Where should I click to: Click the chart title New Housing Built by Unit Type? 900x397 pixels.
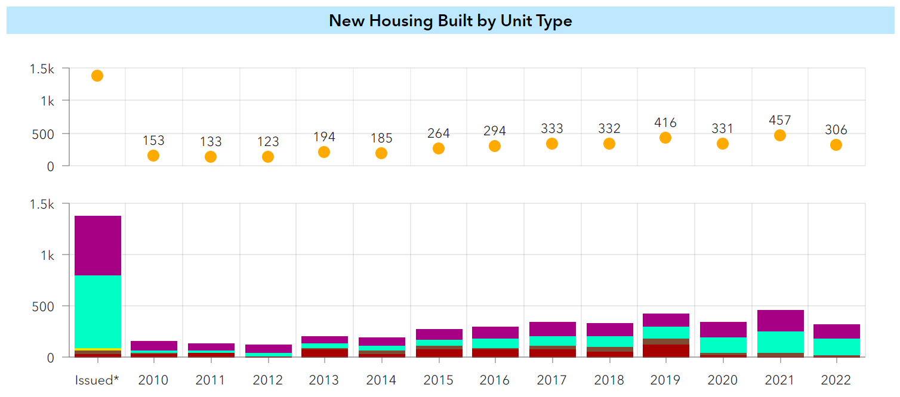pyautogui.click(x=450, y=21)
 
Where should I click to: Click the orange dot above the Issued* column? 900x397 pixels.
pyautogui.click(x=97, y=76)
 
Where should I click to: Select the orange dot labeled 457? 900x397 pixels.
pyautogui.click(x=779, y=135)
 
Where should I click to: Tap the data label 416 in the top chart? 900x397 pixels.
pyautogui.click(x=665, y=123)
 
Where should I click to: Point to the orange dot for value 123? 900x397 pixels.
pyautogui.click(x=268, y=157)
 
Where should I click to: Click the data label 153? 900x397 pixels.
pyautogui.click(x=153, y=141)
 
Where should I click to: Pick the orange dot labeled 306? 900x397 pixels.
pyautogui.click(x=836, y=145)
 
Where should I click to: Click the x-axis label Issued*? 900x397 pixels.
pyautogui.click(x=97, y=380)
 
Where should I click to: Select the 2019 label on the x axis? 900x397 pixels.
pyautogui.click(x=665, y=380)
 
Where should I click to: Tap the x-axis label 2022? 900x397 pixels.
pyautogui.click(x=836, y=380)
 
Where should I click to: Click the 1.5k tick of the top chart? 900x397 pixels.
pyautogui.click(x=42, y=69)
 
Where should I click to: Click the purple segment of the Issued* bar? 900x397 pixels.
pyautogui.click(x=97, y=245)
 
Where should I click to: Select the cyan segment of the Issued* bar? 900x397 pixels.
pyautogui.click(x=97, y=311)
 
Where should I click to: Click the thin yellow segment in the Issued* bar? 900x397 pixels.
pyautogui.click(x=97, y=349)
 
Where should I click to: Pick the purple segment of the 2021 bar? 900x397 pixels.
pyautogui.click(x=779, y=321)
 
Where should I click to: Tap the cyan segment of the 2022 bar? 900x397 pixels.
pyautogui.click(x=836, y=346)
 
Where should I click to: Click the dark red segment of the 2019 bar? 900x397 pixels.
pyautogui.click(x=665, y=351)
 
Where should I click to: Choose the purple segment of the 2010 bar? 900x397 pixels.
pyautogui.click(x=153, y=345)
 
